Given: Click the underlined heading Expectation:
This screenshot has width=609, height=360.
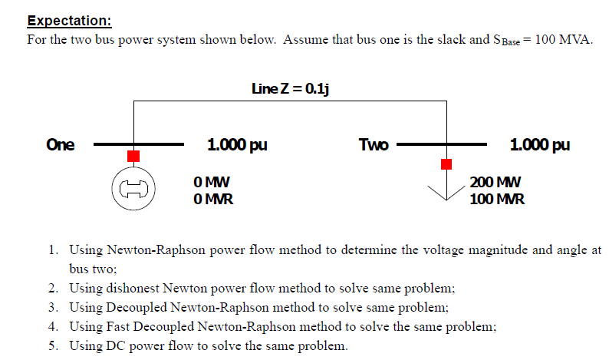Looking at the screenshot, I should pos(69,21).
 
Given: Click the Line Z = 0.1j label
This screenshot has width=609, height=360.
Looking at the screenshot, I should pos(290,88).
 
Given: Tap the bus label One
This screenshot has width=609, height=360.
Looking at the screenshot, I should pos(61,144).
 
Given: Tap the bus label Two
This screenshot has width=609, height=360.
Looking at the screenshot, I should pos(374,144).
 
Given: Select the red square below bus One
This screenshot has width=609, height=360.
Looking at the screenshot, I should pos(133,156).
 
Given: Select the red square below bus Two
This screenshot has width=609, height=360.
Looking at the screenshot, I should pos(446,163).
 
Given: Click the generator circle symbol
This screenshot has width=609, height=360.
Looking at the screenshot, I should pos(133,189).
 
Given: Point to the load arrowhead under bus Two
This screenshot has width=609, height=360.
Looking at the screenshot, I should pos(446,193).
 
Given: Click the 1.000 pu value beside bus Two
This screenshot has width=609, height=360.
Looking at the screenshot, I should pos(539,144).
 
